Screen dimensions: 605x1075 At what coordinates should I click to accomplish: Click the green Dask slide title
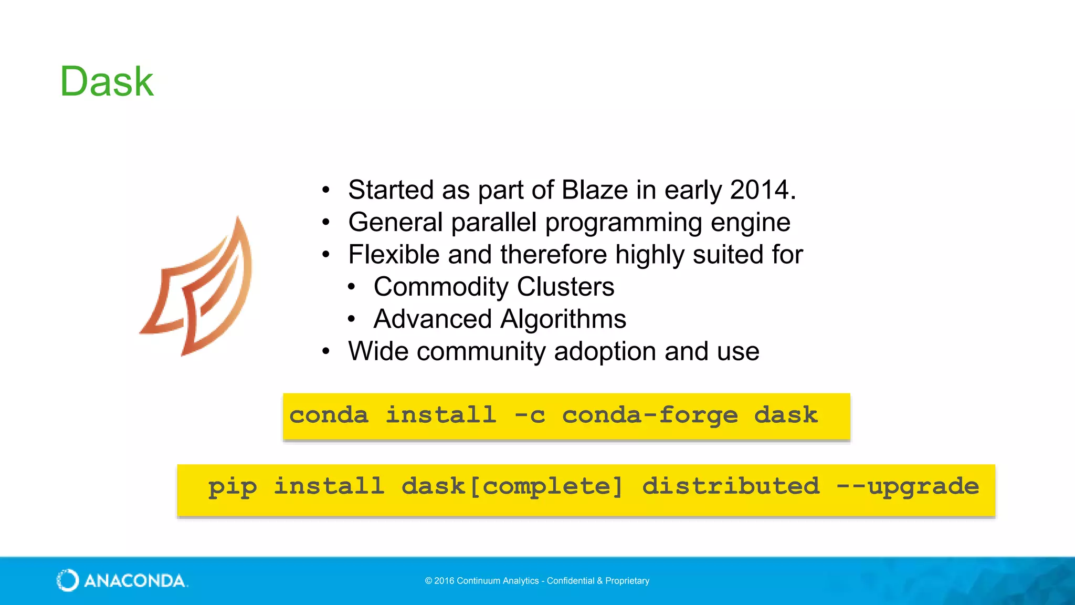click(107, 82)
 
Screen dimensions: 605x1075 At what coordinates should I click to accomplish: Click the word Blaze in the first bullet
click(595, 190)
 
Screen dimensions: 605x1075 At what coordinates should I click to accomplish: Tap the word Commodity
click(441, 287)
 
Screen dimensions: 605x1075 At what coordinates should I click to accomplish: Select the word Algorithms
click(563, 319)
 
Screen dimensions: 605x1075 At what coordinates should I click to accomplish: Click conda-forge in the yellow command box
click(650, 415)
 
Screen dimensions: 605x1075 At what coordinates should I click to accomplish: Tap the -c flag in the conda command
click(530, 415)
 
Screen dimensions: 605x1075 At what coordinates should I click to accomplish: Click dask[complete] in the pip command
click(512, 487)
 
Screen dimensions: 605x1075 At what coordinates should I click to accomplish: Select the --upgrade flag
click(908, 487)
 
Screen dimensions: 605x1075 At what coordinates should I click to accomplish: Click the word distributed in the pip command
click(730, 486)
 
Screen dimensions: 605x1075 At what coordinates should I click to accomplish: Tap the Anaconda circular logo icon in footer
click(68, 580)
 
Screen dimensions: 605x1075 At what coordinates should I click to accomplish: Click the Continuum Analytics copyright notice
click(537, 581)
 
